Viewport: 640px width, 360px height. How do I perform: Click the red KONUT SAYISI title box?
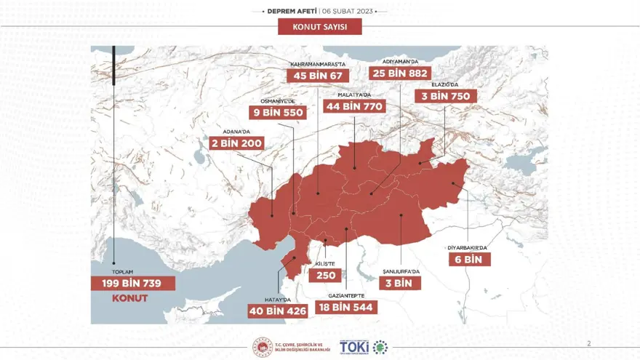[319, 27]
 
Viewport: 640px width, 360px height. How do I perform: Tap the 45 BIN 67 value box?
[319, 76]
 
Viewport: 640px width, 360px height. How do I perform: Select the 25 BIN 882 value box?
[401, 73]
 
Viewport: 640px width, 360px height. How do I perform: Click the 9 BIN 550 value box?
[278, 113]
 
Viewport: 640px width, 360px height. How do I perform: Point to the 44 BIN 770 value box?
[354, 106]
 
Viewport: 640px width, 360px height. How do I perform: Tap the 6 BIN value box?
[469, 259]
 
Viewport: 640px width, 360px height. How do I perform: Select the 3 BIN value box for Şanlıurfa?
[400, 283]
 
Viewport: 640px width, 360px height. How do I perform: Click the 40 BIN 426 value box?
[278, 311]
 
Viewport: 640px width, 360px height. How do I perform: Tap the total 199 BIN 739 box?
[133, 283]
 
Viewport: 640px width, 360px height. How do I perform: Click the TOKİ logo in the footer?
[354, 347]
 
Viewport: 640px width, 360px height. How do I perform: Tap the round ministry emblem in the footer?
[261, 347]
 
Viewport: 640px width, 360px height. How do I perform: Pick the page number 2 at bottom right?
[589, 342]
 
